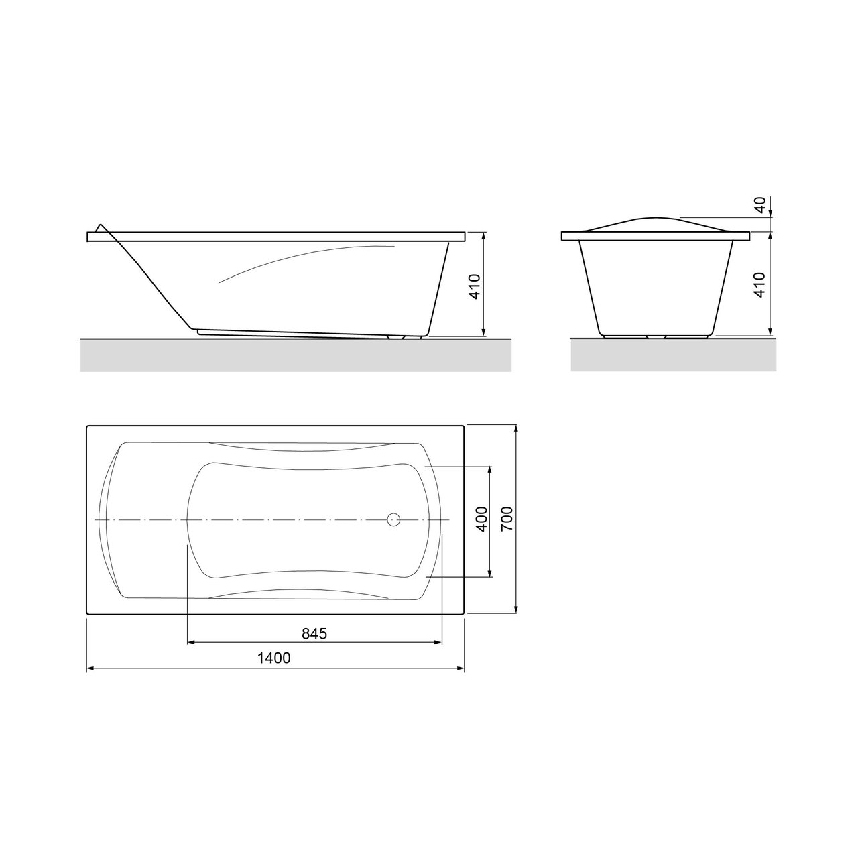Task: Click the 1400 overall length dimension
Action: click(273, 658)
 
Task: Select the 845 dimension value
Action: click(314, 633)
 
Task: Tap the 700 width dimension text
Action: click(507, 519)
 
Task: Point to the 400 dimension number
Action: click(481, 519)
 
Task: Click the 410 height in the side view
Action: click(474, 286)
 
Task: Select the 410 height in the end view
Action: click(759, 286)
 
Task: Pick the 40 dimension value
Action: click(759, 205)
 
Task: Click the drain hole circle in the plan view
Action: click(393, 519)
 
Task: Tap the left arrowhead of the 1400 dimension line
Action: click(90, 668)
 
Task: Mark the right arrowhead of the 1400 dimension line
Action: click(461, 668)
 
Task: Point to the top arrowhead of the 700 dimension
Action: click(516, 428)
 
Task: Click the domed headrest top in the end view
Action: click(654, 219)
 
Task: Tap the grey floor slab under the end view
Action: click(673, 355)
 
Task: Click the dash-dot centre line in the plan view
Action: click(268, 519)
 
